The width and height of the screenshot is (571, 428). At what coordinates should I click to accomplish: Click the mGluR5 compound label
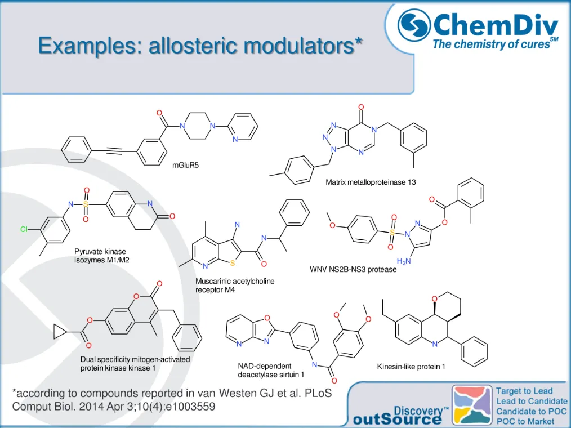(185, 166)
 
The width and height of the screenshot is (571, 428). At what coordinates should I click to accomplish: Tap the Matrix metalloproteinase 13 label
(371, 182)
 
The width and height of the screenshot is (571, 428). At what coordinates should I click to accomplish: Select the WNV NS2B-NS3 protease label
(353, 269)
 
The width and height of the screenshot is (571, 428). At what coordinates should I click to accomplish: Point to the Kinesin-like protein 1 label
(411, 367)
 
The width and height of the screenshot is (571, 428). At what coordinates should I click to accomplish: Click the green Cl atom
(24, 230)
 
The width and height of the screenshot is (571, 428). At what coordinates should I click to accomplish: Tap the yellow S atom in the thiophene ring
(232, 263)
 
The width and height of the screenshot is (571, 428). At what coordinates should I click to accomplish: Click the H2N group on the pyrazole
(403, 261)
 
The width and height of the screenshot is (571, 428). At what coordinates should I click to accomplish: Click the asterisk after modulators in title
(358, 41)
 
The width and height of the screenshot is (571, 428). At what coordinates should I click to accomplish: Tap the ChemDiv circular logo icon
(414, 25)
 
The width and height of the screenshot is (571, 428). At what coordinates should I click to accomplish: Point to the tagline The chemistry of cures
(491, 44)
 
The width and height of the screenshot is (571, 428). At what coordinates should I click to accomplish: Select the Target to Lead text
(524, 391)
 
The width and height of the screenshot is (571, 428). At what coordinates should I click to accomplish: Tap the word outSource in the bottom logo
(397, 419)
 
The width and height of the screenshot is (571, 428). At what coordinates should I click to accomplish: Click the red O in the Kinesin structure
(435, 298)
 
